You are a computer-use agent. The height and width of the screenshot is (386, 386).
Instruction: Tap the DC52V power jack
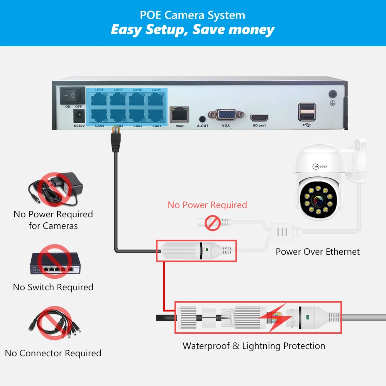tap(79, 115)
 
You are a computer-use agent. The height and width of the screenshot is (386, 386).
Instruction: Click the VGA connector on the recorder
tap(226, 115)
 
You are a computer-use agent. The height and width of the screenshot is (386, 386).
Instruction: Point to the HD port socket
tap(259, 117)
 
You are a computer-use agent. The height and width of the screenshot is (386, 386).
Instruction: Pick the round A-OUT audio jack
tap(202, 119)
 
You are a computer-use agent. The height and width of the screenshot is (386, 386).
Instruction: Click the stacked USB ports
tap(306, 112)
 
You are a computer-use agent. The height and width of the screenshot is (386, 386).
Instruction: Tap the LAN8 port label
tap(99, 90)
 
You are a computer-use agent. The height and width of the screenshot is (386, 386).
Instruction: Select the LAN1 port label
tap(156, 126)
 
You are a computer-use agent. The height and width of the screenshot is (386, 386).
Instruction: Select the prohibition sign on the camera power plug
tap(212, 223)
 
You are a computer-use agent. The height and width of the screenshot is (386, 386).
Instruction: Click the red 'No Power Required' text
tap(207, 205)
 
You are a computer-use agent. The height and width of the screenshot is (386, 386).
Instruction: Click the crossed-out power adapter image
tap(56, 189)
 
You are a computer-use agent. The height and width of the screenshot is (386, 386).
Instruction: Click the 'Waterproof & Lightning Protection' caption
tap(254, 346)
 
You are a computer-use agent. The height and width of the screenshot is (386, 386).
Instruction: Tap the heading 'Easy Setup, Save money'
tap(193, 30)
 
